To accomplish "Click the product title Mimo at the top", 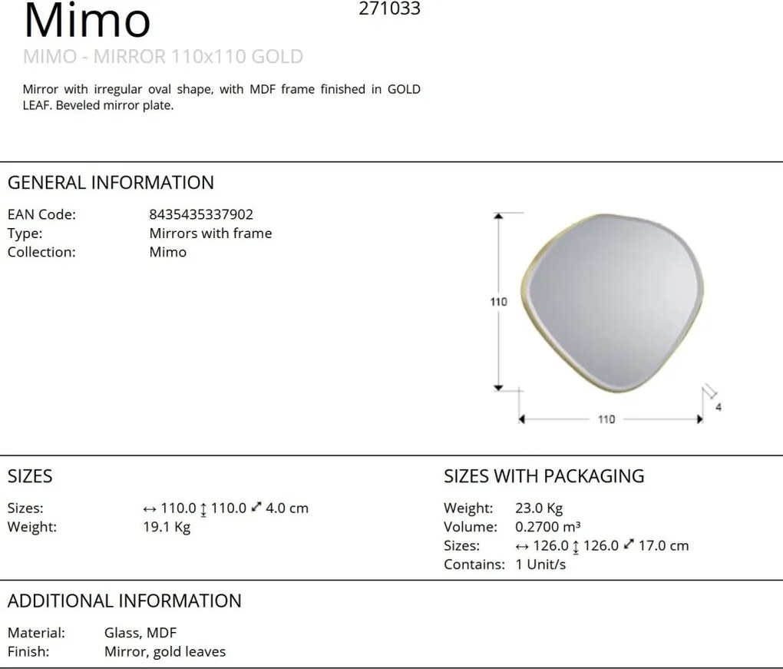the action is tap(87, 20).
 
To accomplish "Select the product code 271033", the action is tap(389, 8).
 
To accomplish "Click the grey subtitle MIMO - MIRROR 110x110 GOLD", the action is tap(163, 57).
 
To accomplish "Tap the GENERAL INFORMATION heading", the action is tap(111, 182).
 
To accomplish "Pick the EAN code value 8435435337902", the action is tap(201, 214).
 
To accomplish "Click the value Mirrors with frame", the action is tap(211, 233).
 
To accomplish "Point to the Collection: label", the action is tap(41, 252).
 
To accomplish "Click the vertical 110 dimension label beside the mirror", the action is tap(498, 302).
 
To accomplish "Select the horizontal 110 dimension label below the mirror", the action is tap(606, 419).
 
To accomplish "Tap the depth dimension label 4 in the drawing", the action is tap(718, 407).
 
